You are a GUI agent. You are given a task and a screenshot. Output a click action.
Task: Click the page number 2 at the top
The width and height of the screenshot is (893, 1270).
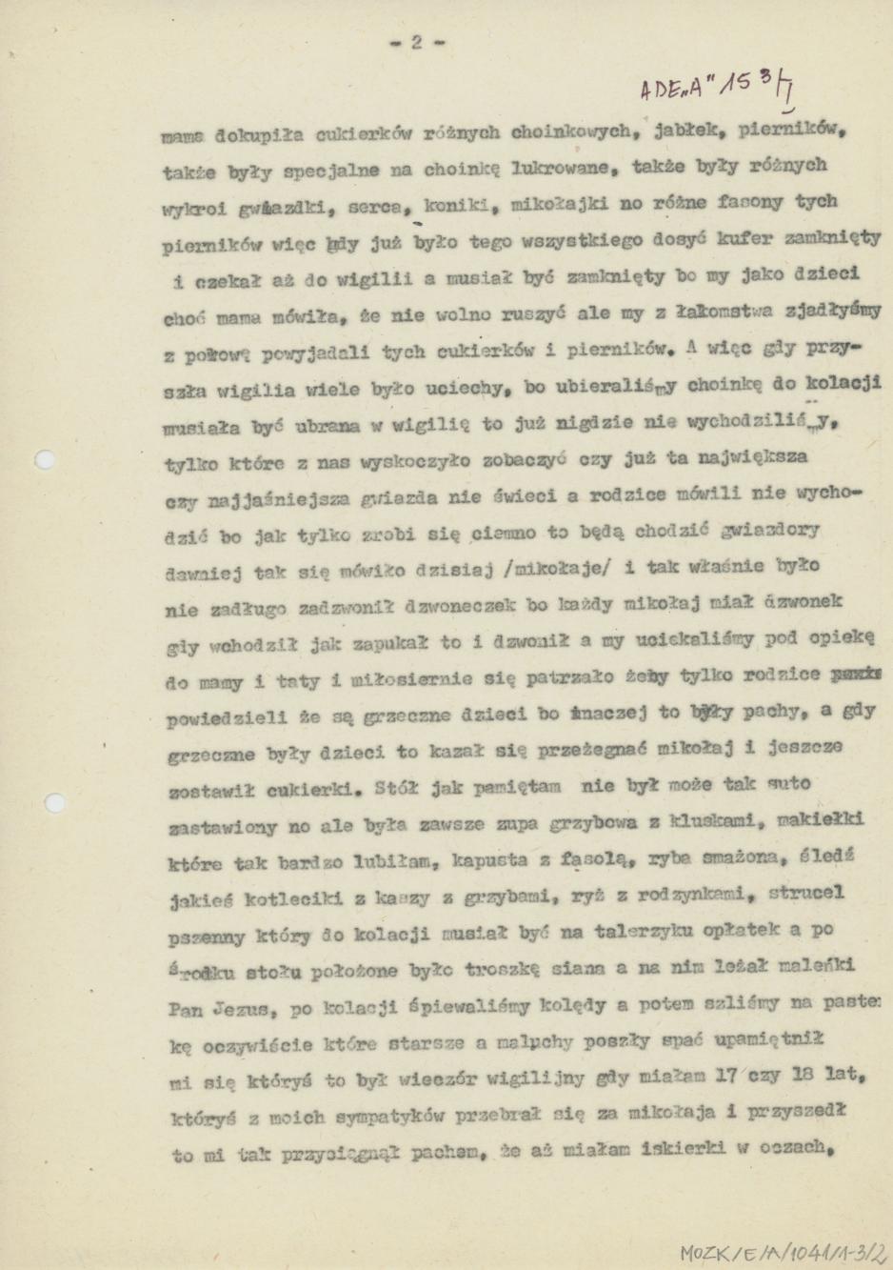(416, 41)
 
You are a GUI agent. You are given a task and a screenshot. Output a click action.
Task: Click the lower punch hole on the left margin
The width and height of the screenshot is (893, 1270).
(55, 802)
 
